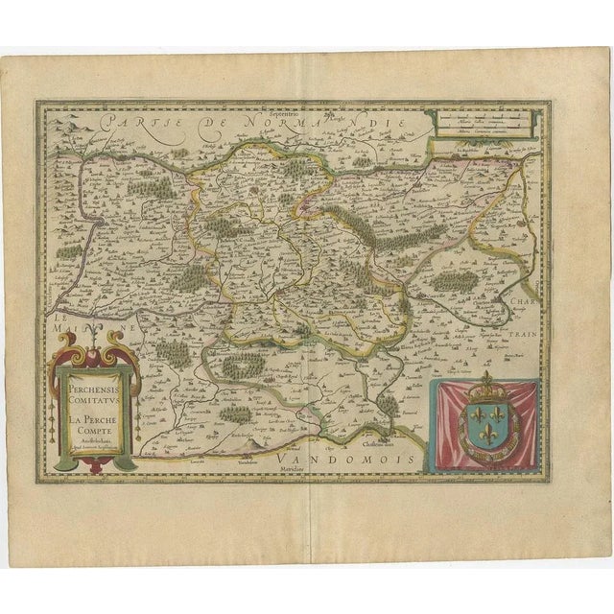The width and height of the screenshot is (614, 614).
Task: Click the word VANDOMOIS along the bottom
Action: pos(322,461)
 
